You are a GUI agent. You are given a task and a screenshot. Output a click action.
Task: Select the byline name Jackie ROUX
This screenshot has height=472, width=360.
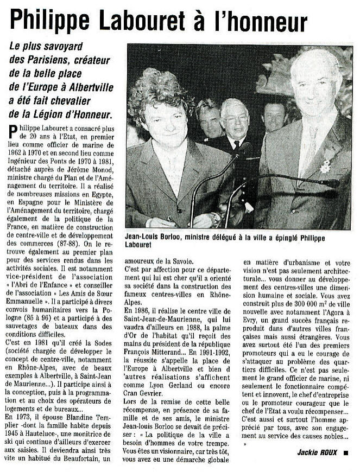click(x=317, y=452)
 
